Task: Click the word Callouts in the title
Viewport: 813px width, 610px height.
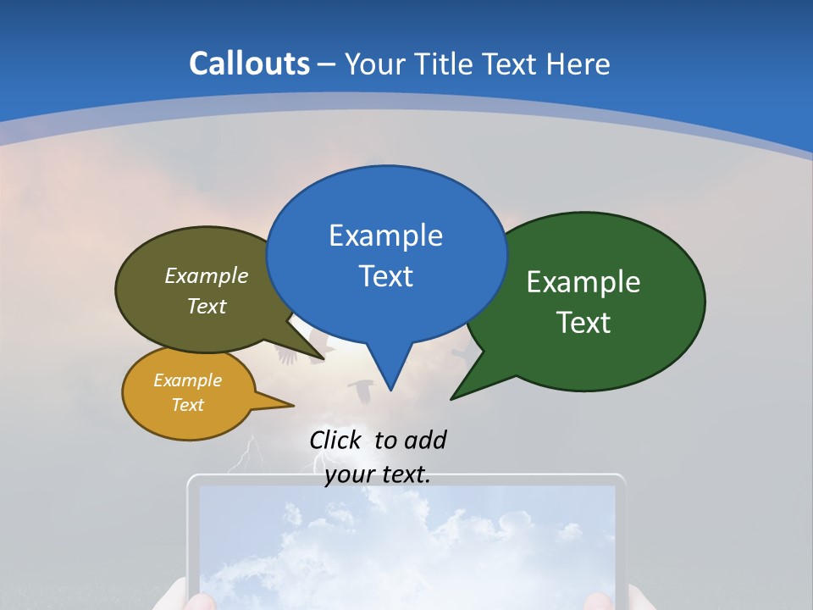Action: tap(249, 64)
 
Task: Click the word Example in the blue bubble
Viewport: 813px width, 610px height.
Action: tap(385, 236)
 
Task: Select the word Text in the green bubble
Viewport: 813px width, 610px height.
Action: tap(583, 323)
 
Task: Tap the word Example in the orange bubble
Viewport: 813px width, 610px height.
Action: tap(187, 380)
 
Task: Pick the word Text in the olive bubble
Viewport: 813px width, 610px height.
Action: tap(207, 307)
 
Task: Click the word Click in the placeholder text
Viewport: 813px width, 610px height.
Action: tap(335, 440)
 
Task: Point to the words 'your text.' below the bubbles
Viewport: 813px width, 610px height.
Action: tap(378, 474)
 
